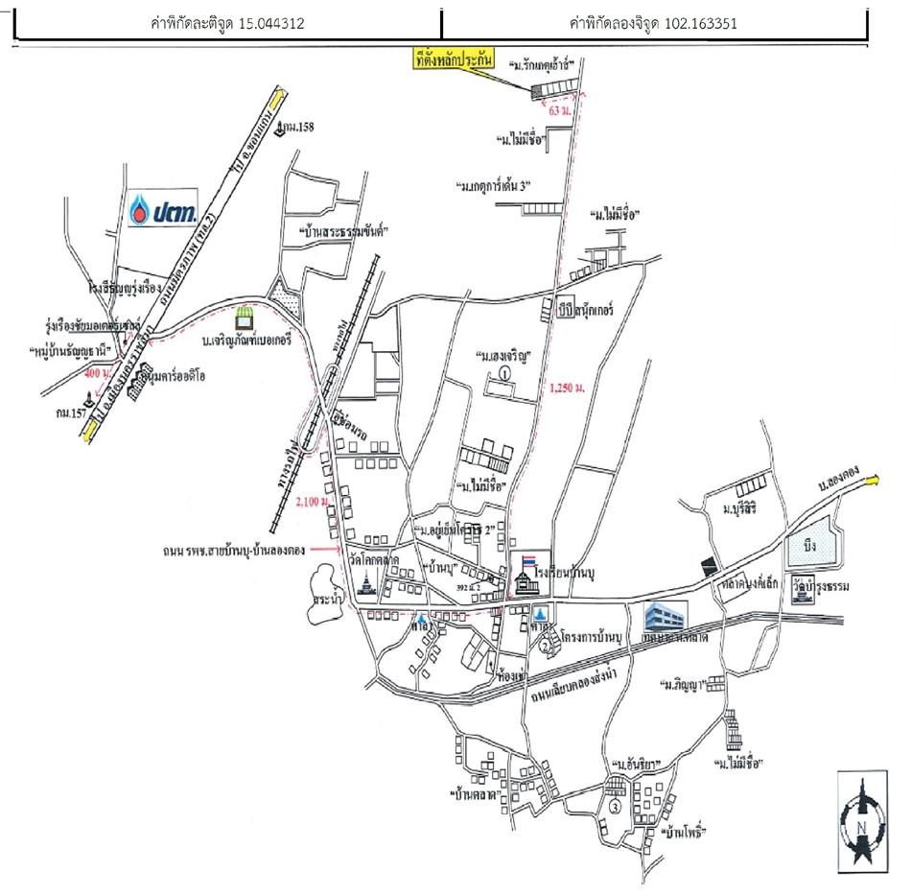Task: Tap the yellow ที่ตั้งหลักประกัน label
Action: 451,59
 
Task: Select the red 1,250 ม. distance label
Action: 566,389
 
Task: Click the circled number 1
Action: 504,372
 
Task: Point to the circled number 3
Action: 615,807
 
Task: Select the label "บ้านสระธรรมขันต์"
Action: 341,231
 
